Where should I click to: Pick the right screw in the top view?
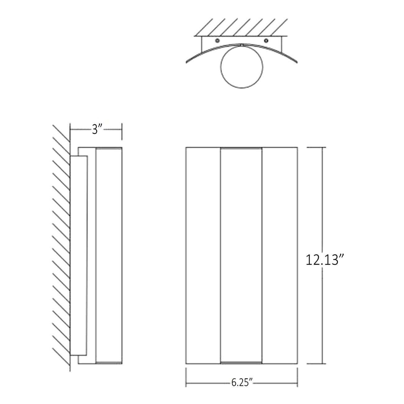[266, 41]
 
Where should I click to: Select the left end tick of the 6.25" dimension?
[186, 377]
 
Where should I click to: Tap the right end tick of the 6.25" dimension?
[297, 377]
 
